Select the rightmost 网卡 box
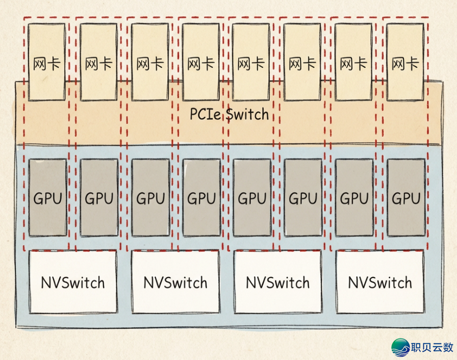(405, 62)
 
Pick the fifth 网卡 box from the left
(251, 62)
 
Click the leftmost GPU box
(47, 198)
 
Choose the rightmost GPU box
(405, 198)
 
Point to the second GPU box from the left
(99, 198)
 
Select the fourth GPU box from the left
(201, 198)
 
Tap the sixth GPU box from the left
(303, 198)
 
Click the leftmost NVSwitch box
(73, 282)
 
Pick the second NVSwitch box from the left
(175, 282)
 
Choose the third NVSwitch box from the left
(278, 282)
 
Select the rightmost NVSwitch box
(380, 282)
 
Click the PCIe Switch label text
(229, 114)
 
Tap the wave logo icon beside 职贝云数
(401, 347)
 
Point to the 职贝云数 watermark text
(432, 348)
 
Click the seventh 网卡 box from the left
(353, 62)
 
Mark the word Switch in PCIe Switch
(247, 114)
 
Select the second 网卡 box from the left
(98, 62)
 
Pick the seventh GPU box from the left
(354, 198)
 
